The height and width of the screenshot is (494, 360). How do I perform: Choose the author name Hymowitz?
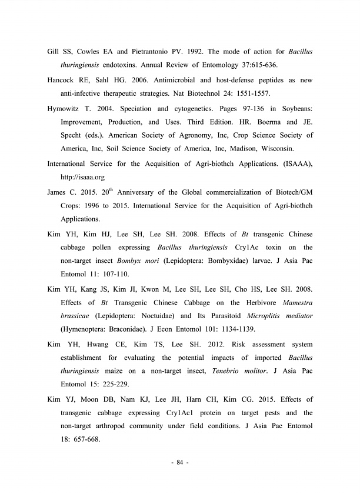(68, 109)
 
